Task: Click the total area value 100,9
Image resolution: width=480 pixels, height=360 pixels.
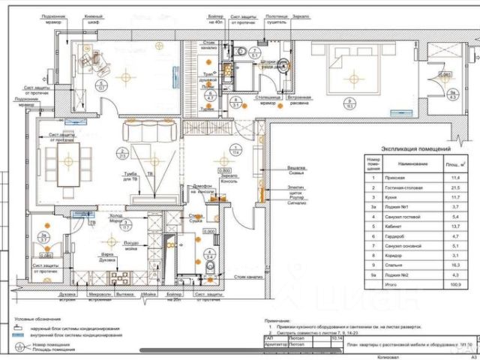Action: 454,284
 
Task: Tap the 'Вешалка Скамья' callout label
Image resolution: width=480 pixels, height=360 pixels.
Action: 295,170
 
